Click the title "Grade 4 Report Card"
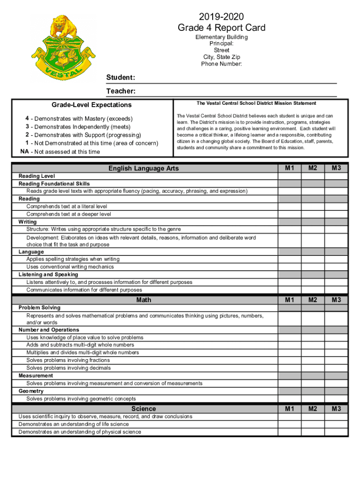point(222,28)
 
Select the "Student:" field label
point(121,77)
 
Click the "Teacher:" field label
point(121,91)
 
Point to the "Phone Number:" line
point(222,64)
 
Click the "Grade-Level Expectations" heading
point(92,105)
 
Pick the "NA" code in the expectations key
point(25,152)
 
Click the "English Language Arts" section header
point(144,168)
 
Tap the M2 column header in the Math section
point(313,300)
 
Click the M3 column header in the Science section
point(337,409)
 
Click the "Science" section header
point(144,409)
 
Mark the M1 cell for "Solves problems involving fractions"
point(290,360)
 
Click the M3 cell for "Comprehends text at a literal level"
point(337,206)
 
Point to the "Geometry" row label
point(31,391)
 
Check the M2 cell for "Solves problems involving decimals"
point(313,368)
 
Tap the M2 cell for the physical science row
point(313,432)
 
